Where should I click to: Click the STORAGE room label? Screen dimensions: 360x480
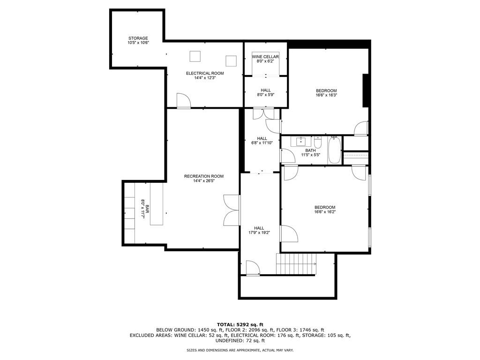point(138,38)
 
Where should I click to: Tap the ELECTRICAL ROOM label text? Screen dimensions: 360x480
point(205,73)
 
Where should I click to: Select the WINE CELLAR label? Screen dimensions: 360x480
point(265,57)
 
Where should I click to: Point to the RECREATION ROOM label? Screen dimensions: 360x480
point(203,176)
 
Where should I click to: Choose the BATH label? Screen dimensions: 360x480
point(310,150)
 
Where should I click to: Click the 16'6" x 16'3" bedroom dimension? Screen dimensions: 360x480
point(326,95)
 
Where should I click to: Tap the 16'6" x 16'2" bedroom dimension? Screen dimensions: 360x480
point(325,212)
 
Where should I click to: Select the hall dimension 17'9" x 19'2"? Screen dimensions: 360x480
point(259,232)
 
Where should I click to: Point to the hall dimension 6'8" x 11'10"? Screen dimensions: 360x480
point(262,143)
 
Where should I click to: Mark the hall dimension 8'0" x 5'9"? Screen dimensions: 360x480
point(265,95)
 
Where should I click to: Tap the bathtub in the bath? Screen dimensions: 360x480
point(334,150)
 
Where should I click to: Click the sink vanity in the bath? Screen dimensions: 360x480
point(301,141)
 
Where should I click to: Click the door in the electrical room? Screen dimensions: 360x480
point(183,101)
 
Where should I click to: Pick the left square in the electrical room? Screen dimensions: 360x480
point(195,56)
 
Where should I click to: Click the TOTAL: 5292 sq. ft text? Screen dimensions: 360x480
point(240,324)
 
